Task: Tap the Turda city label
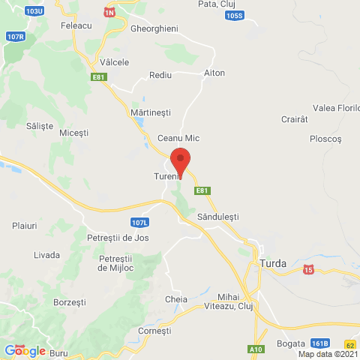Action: click(x=277, y=263)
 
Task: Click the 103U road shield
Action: click(x=34, y=12)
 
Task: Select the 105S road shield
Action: click(x=233, y=15)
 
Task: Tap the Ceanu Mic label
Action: click(x=178, y=139)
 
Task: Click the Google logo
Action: click(x=25, y=350)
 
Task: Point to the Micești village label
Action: click(x=73, y=133)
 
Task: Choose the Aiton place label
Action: click(x=214, y=73)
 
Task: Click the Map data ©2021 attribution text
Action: click(x=328, y=354)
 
